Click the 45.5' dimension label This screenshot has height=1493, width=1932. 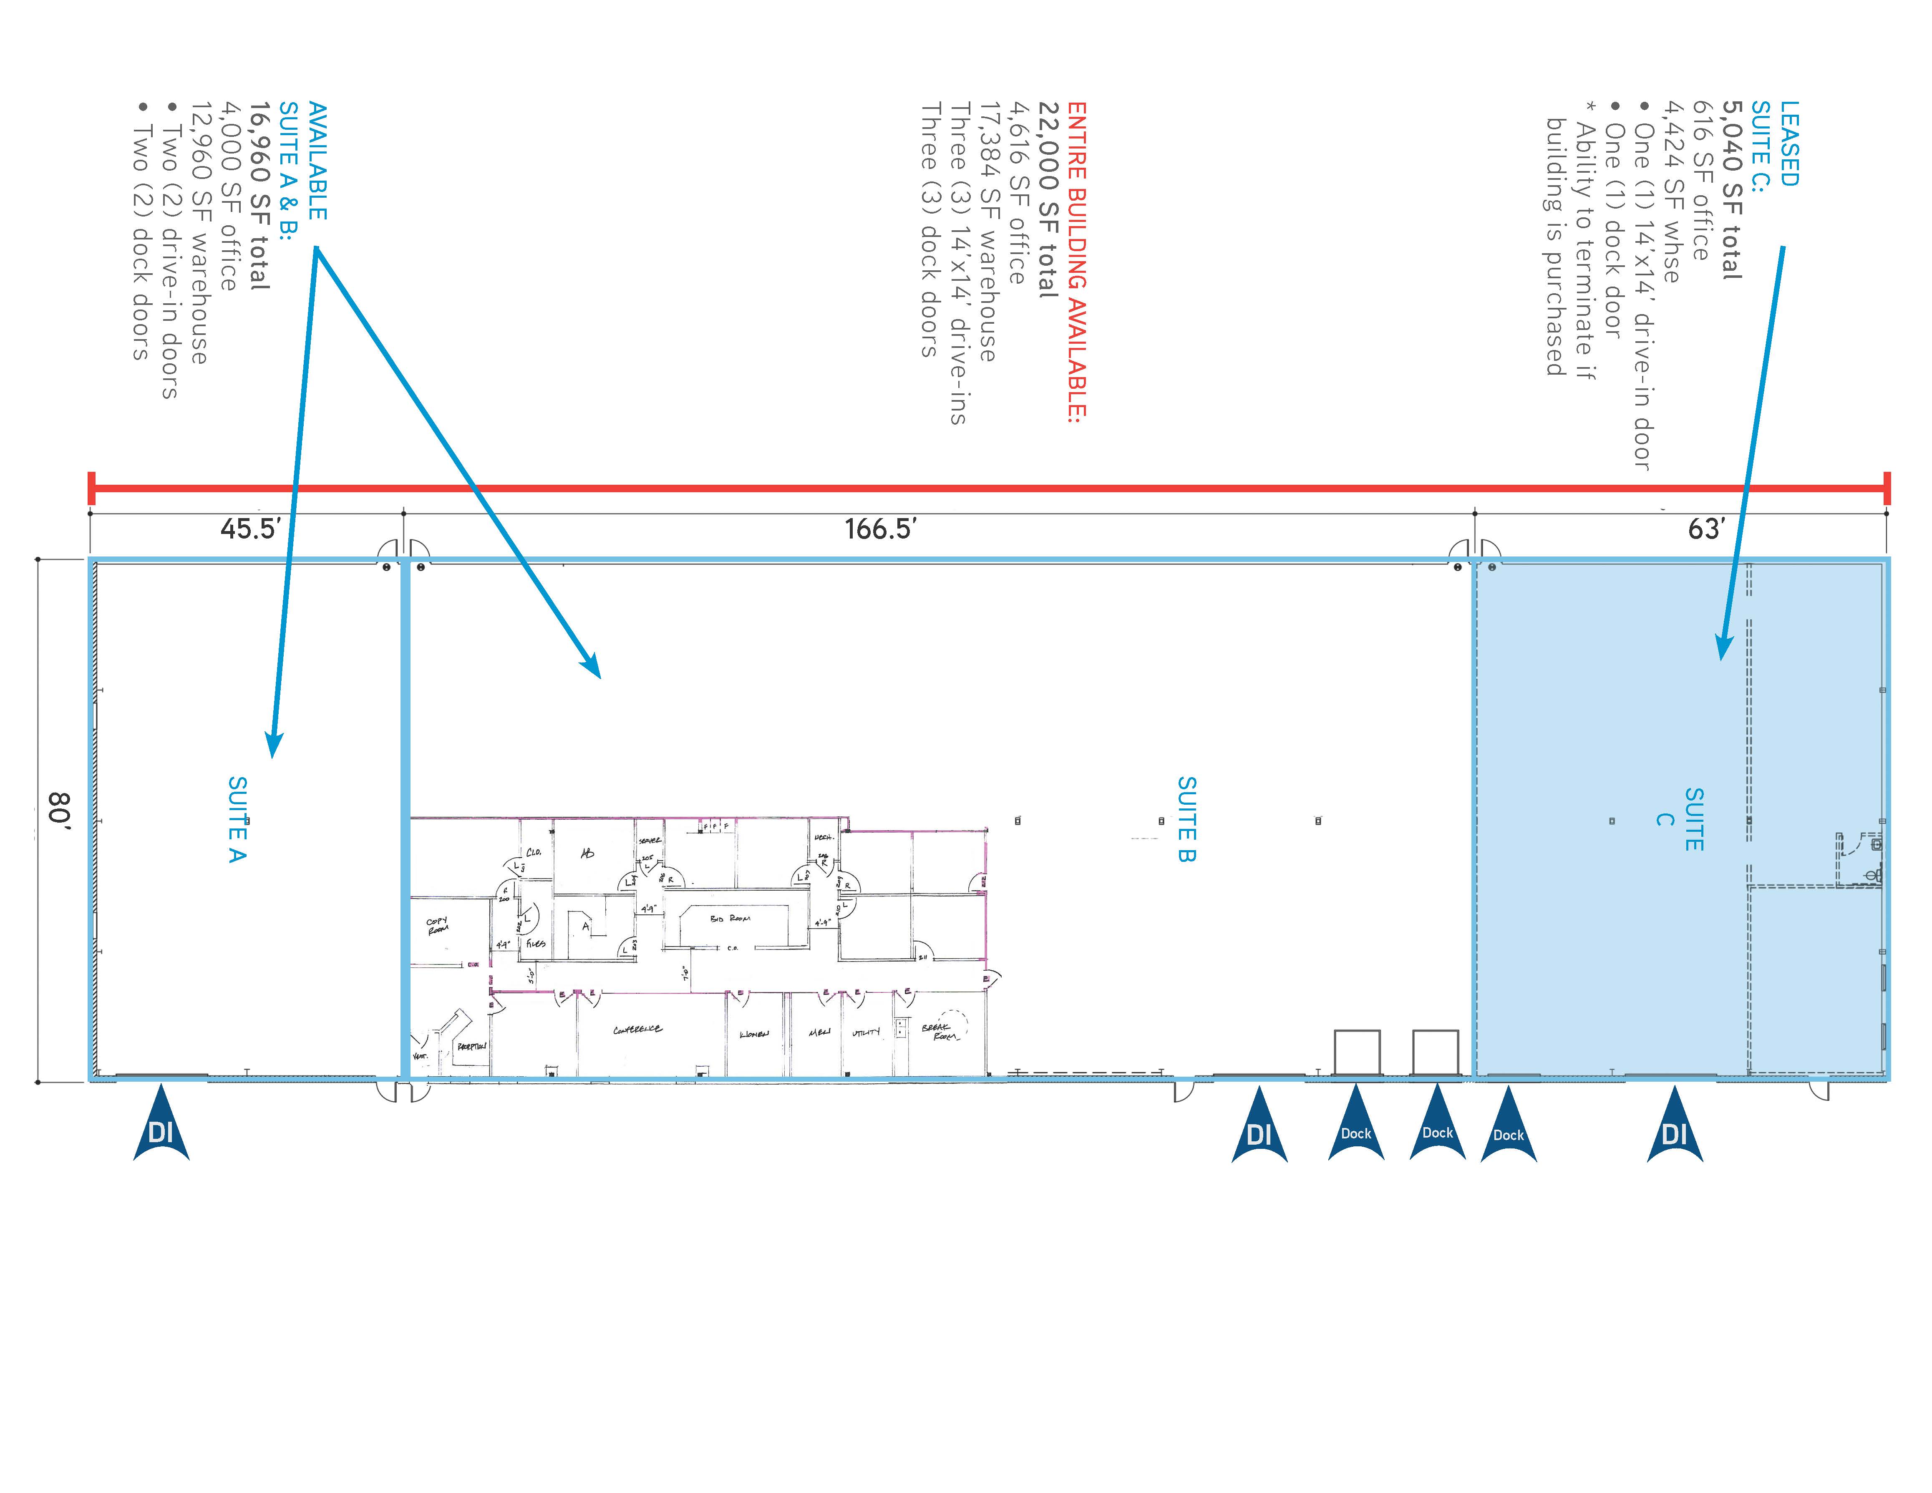(x=250, y=529)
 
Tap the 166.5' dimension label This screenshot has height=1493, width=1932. (x=880, y=529)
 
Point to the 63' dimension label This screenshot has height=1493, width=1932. (x=1705, y=529)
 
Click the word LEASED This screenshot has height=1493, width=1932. (x=1788, y=143)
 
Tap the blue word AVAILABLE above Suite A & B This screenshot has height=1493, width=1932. (x=317, y=161)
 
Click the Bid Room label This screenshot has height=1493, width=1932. (x=730, y=919)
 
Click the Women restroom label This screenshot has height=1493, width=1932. (x=754, y=1033)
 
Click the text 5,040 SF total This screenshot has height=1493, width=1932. (x=1731, y=190)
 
